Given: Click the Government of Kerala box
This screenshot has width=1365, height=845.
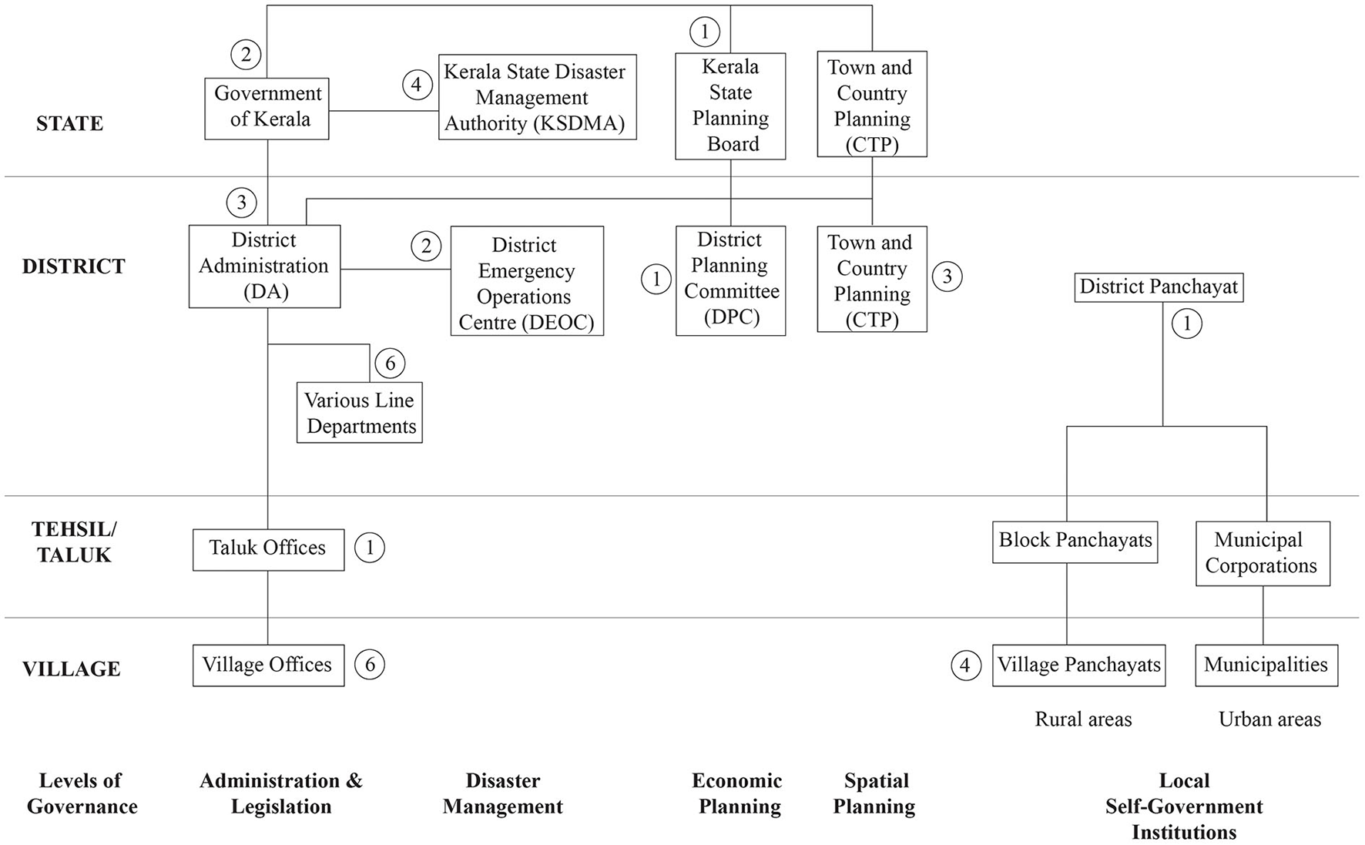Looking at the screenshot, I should point(267,108).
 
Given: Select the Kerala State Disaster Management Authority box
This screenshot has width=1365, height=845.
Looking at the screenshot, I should point(537,97).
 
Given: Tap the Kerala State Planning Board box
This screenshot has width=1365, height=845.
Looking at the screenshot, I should point(730,106).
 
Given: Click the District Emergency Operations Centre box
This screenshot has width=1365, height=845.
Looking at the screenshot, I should point(527,281).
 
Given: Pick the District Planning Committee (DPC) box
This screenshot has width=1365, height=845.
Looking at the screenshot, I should point(730,280).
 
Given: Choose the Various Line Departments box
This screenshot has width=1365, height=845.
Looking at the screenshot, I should point(359,412).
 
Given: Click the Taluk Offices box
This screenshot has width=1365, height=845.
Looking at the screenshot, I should point(268,548).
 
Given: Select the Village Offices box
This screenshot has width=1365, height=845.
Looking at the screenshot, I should point(268,665).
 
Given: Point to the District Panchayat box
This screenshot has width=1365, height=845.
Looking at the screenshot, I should point(1159,287).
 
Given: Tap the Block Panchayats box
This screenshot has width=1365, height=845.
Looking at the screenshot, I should point(1075,542).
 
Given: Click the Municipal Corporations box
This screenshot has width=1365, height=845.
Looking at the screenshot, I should point(1262,553).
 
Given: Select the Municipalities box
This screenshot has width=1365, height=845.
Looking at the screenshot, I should point(1266,665).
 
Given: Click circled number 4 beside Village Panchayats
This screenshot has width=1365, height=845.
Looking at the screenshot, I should point(966,665).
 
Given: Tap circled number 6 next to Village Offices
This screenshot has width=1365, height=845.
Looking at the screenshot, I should point(370,665).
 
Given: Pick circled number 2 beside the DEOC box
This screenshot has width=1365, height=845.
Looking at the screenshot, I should point(426,246).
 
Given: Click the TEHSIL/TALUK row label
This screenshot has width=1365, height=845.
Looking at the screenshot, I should point(74,542).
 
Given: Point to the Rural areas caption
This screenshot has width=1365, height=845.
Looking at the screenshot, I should point(1083,719).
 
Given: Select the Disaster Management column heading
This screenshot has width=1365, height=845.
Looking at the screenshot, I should point(503,793).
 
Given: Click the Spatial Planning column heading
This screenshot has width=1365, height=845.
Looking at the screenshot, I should point(875,793).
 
